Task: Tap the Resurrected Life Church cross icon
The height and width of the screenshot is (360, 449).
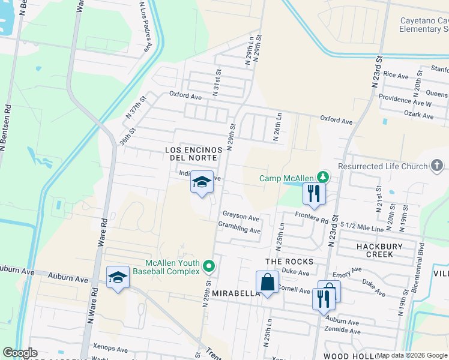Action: (x=437, y=166)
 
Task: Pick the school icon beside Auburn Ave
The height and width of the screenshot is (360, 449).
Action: (x=118, y=277)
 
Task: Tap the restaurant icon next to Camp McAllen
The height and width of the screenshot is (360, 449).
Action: (x=314, y=193)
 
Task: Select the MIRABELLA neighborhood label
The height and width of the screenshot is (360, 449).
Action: (x=235, y=293)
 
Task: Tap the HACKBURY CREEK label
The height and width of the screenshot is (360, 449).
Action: (x=383, y=250)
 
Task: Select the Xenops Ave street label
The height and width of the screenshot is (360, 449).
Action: (x=110, y=349)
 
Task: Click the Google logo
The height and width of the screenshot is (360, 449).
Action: (x=20, y=353)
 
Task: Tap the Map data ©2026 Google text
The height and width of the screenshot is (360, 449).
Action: (x=412, y=355)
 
